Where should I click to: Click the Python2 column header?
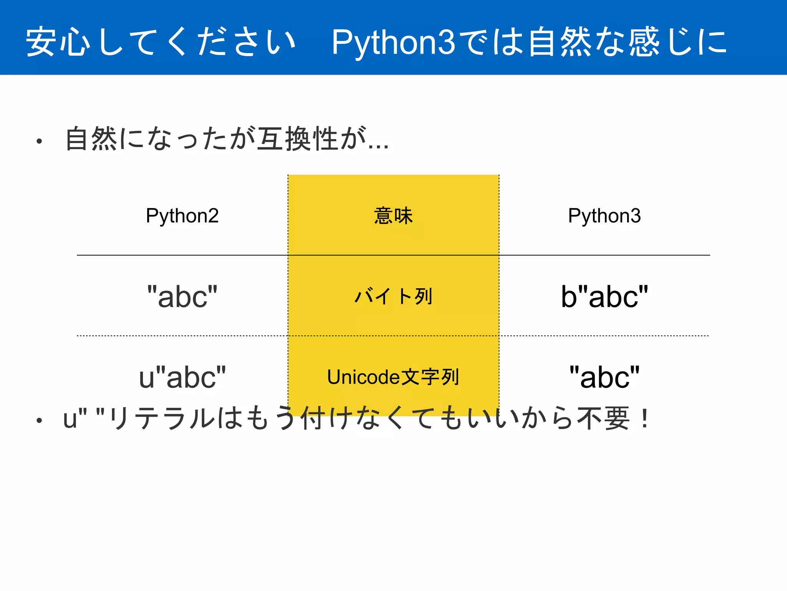tap(182, 216)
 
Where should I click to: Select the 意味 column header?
tap(393, 216)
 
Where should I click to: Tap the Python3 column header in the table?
tap(604, 216)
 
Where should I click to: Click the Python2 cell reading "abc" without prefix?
tap(182, 297)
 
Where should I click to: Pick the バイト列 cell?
tap(393, 297)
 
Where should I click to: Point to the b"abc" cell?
tap(604, 297)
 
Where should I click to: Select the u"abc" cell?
tap(182, 377)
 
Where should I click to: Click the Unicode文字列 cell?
tap(393, 377)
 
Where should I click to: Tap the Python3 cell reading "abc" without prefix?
tap(604, 377)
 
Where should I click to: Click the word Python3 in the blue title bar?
tap(393, 42)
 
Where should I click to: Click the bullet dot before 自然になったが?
tap(39, 142)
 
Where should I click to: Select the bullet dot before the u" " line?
tap(39, 421)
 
